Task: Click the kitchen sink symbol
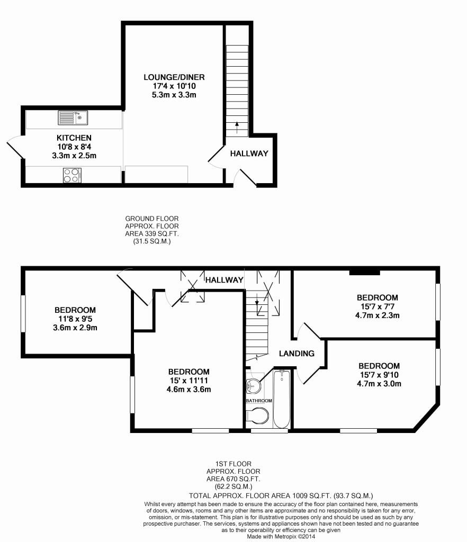pyautogui.click(x=73, y=117)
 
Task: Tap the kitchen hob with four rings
pyautogui.click(x=72, y=175)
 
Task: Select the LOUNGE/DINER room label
pyautogui.click(x=174, y=77)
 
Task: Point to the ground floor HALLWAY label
pyautogui.click(x=249, y=153)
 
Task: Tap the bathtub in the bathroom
pyautogui.click(x=282, y=399)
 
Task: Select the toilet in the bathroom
pyautogui.click(x=257, y=418)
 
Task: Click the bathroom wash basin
pyautogui.click(x=254, y=386)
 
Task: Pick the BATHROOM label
pyautogui.click(x=259, y=401)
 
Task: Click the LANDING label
pyautogui.click(x=297, y=354)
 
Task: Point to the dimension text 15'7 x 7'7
pyautogui.click(x=377, y=306)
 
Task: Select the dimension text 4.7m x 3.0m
pyautogui.click(x=379, y=384)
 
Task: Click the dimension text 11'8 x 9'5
pyautogui.click(x=75, y=319)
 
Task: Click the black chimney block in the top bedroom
pyautogui.click(x=365, y=273)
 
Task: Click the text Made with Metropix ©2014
pyautogui.click(x=281, y=536)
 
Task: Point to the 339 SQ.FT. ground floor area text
pyautogui.click(x=151, y=233)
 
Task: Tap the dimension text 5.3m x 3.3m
pyautogui.click(x=174, y=95)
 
